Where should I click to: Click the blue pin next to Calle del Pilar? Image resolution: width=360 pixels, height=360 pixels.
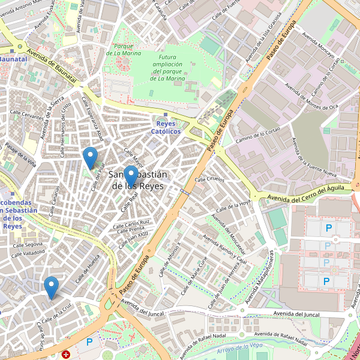[90, 157]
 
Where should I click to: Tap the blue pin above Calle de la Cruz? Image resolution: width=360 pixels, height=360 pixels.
[52, 287]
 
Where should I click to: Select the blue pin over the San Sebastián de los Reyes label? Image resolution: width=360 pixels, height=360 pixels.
[131, 176]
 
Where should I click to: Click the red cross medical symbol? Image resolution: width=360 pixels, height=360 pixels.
[65, 355]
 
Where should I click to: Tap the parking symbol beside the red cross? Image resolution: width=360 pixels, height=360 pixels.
[89, 342]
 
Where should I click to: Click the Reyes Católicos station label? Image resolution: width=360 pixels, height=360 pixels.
[166, 127]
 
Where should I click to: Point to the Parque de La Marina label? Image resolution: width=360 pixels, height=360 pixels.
[123, 49]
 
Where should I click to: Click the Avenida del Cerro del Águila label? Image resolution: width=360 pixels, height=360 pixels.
[305, 193]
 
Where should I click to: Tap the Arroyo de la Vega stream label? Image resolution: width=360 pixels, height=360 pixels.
[240, 347]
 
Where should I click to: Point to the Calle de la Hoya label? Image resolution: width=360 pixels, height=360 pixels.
[233, 205]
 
